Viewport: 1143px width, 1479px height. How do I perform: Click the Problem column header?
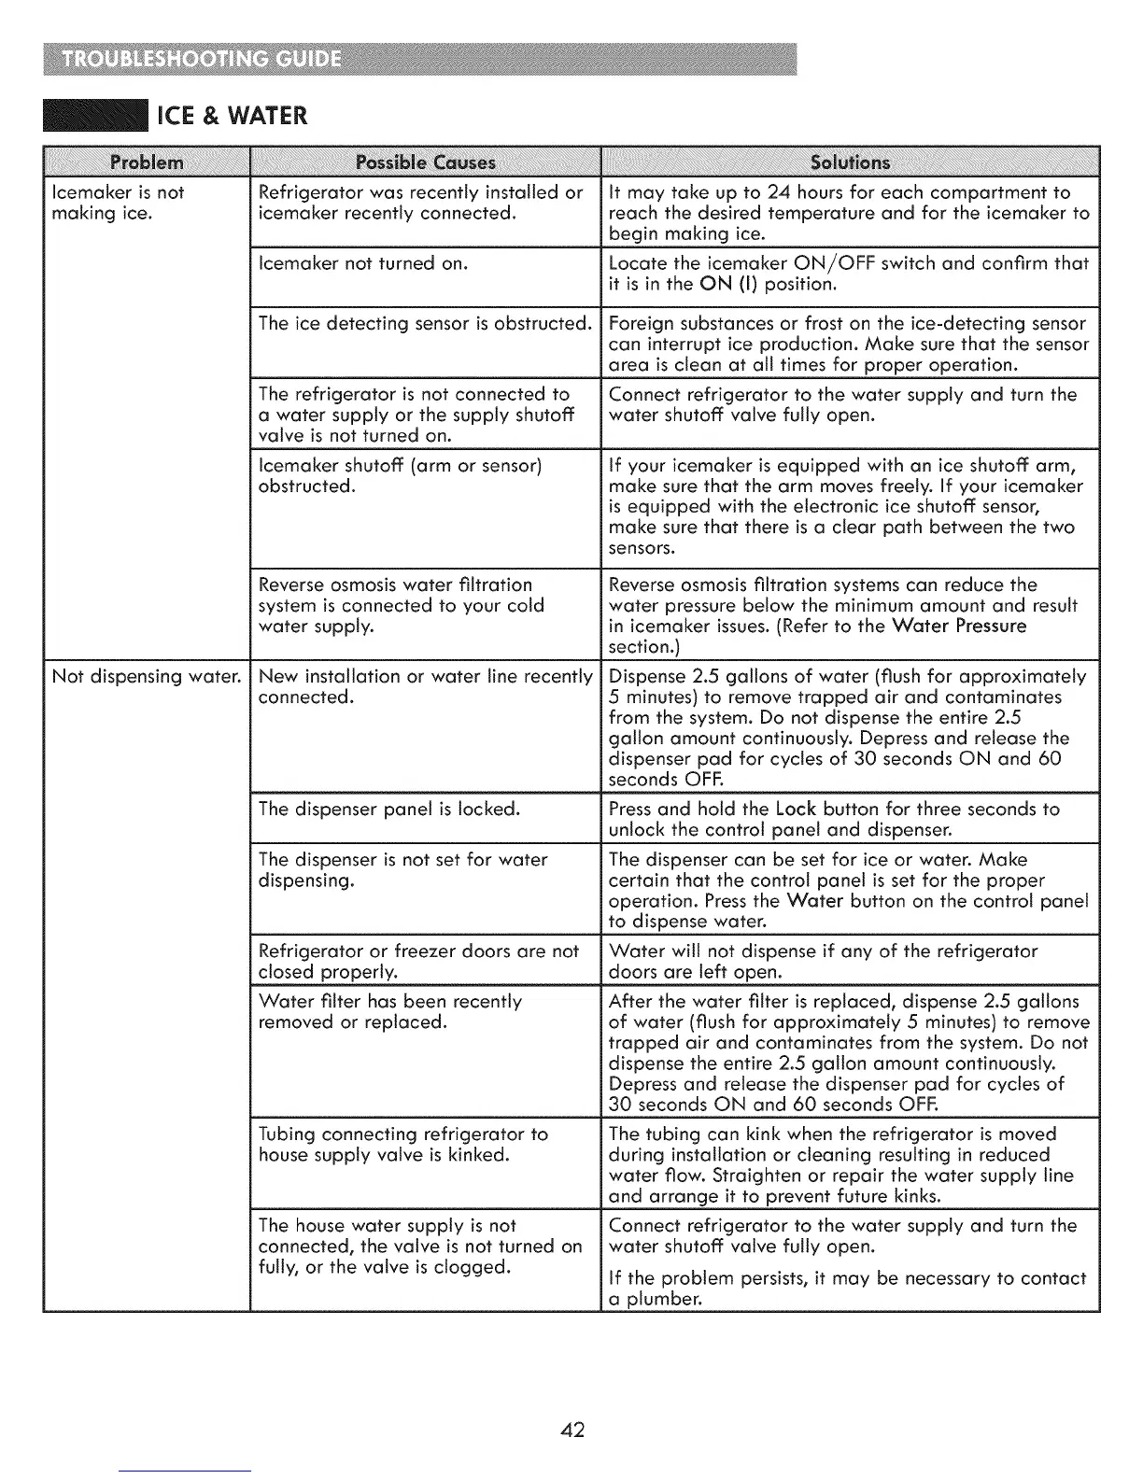pyautogui.click(x=147, y=162)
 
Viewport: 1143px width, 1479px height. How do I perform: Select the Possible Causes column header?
pyautogui.click(x=426, y=162)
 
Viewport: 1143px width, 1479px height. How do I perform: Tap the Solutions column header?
pyautogui.click(x=850, y=162)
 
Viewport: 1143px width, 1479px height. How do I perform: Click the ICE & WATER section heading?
pyautogui.click(x=232, y=116)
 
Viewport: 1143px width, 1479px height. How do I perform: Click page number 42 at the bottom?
pyautogui.click(x=571, y=1429)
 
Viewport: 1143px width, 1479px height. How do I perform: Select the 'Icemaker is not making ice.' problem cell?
pyautogui.click(x=118, y=203)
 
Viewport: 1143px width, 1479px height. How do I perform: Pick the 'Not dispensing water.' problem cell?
pyautogui.click(x=147, y=676)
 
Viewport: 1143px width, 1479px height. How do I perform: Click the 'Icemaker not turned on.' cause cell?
pyautogui.click(x=362, y=263)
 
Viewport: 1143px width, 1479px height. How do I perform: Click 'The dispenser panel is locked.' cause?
pyautogui.click(x=388, y=809)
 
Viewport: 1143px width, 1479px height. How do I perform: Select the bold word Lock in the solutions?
pyautogui.click(x=796, y=809)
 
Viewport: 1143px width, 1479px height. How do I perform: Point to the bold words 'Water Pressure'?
pyautogui.click(x=958, y=626)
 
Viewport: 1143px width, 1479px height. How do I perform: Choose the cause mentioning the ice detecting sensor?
pyautogui.click(x=425, y=323)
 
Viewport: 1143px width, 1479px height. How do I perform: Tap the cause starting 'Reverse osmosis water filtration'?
pyautogui.click(x=401, y=605)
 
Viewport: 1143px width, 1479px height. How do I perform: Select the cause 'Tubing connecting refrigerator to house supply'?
pyautogui.click(x=402, y=1144)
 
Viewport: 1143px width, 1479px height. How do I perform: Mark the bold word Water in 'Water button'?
pyautogui.click(x=814, y=901)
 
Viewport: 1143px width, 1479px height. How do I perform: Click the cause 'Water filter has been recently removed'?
pyautogui.click(x=389, y=1011)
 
